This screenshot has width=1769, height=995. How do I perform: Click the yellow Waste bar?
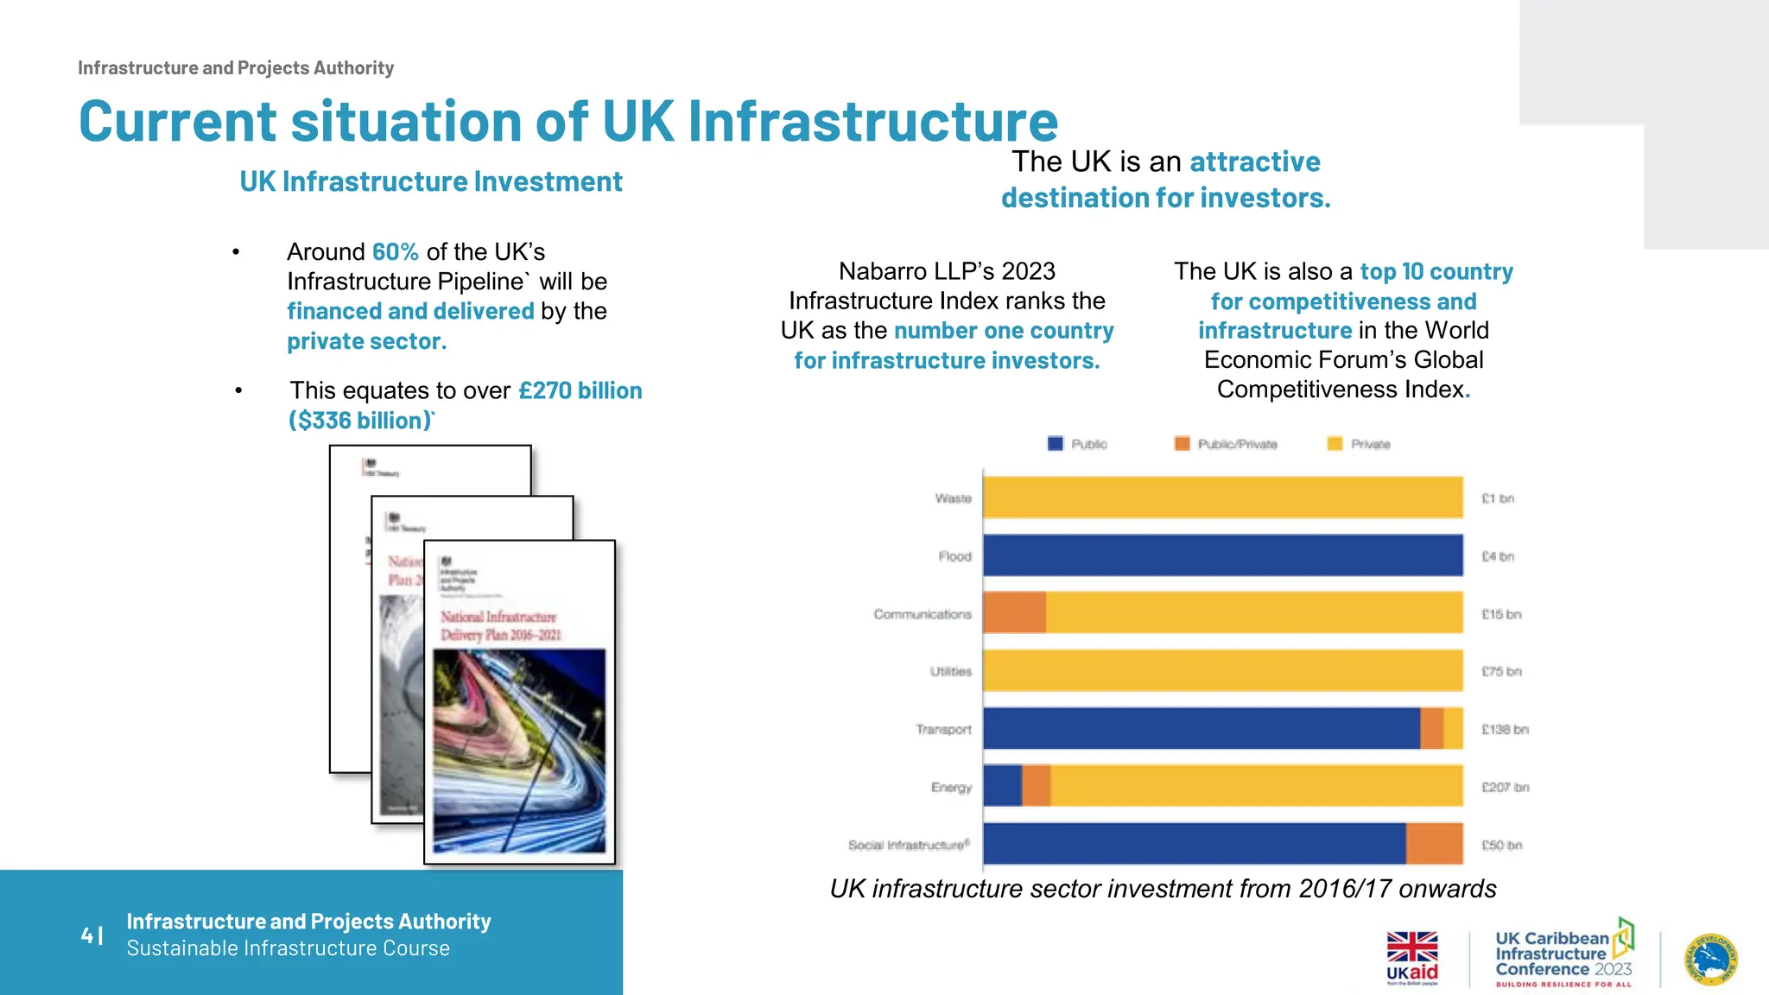click(1222, 497)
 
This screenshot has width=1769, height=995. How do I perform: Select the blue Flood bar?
click(1222, 555)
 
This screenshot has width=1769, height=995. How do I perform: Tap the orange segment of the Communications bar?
click(1015, 613)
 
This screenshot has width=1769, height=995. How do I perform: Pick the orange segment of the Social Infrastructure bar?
click(1434, 844)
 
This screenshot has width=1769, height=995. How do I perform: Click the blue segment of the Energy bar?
click(1003, 786)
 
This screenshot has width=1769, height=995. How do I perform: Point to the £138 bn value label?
click(1505, 730)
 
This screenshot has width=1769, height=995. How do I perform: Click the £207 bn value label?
click(1505, 788)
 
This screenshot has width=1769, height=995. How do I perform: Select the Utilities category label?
click(950, 672)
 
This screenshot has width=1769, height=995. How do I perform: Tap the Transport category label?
click(943, 730)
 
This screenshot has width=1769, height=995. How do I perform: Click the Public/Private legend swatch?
click(1183, 444)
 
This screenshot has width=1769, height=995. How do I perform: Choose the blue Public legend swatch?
click(1056, 444)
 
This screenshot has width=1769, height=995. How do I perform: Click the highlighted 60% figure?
click(396, 252)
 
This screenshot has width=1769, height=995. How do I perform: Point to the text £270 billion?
click(580, 391)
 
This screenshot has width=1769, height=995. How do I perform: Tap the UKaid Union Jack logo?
click(1412, 948)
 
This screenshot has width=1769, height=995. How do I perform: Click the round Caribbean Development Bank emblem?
click(1711, 959)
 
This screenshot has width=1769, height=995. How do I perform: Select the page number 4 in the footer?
click(87, 935)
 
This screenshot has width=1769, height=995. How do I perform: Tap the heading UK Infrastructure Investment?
click(431, 182)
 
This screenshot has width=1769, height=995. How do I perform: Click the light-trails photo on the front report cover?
click(519, 750)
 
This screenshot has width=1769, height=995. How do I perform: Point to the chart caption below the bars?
click(1163, 889)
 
